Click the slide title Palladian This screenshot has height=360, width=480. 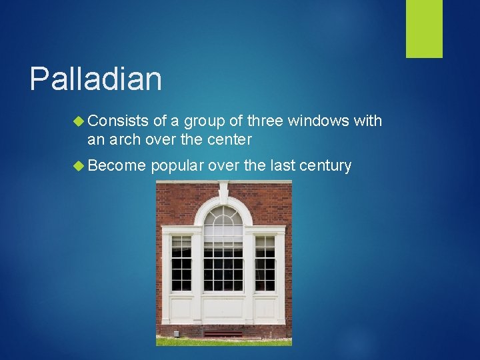95,79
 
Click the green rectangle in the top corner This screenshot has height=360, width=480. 424,29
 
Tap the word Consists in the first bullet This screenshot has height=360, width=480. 117,121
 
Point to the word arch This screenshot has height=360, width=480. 131,139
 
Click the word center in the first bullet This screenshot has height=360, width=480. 228,139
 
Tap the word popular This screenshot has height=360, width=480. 177,165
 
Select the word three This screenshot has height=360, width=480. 265,121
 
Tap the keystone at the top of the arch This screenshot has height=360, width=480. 223,193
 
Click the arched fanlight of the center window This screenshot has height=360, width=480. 223,223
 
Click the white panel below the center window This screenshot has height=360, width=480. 223,309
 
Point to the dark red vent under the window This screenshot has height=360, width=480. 223,332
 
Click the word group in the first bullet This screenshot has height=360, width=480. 204,121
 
